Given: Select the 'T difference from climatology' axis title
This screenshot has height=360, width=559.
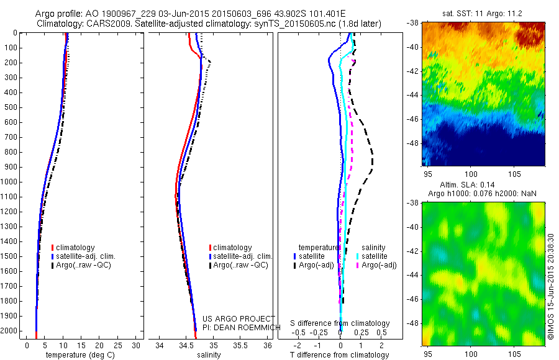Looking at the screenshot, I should [x=339, y=355].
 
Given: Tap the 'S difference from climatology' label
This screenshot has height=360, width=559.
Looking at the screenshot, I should [x=340, y=323].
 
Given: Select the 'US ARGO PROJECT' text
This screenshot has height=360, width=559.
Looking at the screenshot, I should [x=230, y=319].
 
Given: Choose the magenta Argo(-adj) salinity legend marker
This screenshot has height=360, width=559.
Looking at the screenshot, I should [x=358, y=265].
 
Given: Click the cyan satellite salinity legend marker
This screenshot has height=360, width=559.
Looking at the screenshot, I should [x=358, y=256].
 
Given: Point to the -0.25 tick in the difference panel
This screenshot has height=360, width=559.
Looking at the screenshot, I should [x=319, y=332].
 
